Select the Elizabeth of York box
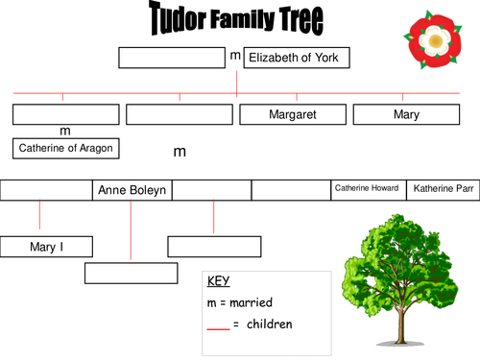click(297, 58)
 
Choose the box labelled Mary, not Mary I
click(406, 114)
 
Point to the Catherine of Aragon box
click(65, 148)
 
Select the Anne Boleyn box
click(132, 190)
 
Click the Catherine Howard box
click(369, 190)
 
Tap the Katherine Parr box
click(444, 190)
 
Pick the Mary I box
click(46, 247)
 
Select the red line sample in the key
click(219, 328)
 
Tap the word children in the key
click(270, 324)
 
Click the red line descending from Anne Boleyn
click(131, 230)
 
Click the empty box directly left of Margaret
click(179, 114)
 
